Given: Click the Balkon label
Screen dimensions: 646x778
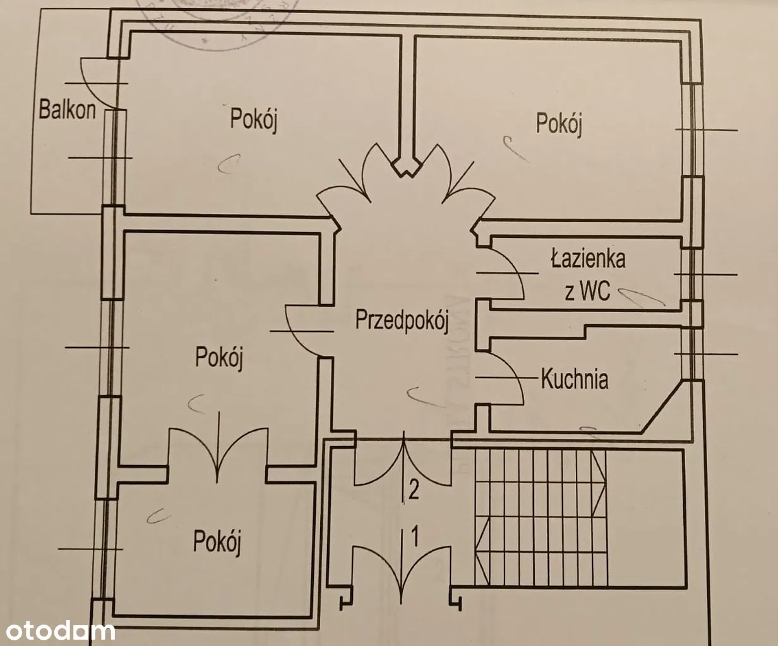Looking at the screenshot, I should coord(67,109).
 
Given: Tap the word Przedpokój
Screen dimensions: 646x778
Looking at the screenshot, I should coord(402,320).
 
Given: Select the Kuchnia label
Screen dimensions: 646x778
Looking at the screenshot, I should coord(575,379).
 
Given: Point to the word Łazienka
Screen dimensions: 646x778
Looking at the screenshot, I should coord(588,259).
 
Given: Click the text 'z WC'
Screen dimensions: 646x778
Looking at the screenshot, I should coord(587,291).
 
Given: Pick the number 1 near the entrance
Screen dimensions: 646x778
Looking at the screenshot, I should coord(415,536).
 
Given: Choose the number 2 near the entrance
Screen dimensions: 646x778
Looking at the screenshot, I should coord(414,490).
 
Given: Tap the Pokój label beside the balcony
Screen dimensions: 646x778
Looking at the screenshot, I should coord(254,119).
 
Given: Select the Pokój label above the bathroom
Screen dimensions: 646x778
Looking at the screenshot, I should coord(559,122).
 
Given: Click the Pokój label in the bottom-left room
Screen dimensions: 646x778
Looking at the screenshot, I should coord(217,541).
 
